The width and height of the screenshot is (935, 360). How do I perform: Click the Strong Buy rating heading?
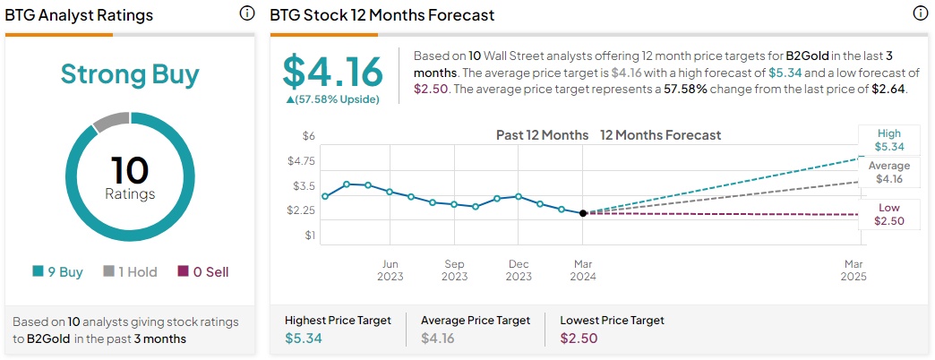click(130, 73)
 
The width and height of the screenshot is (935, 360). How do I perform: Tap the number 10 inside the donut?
click(130, 170)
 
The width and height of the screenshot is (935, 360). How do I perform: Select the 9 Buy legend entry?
click(57, 271)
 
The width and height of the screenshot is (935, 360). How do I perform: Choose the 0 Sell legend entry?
click(203, 271)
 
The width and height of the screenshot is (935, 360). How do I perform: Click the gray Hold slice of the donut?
click(110, 121)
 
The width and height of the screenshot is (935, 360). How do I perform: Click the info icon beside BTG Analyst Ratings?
click(247, 13)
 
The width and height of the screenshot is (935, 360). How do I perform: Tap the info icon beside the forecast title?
click(919, 13)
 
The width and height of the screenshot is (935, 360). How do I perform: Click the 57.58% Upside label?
click(332, 99)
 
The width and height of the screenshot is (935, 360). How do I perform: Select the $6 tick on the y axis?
click(309, 136)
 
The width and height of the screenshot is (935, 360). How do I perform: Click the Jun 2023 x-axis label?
click(390, 270)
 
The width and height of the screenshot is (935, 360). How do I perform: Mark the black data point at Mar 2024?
click(583, 213)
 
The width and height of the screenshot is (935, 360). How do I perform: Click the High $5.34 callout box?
click(888, 141)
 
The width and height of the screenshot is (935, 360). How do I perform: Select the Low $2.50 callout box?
click(888, 214)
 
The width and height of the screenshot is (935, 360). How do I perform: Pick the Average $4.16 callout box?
click(888, 172)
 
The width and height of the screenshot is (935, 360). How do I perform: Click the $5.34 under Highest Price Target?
click(303, 338)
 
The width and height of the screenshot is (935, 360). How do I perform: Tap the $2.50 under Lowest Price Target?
click(579, 338)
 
